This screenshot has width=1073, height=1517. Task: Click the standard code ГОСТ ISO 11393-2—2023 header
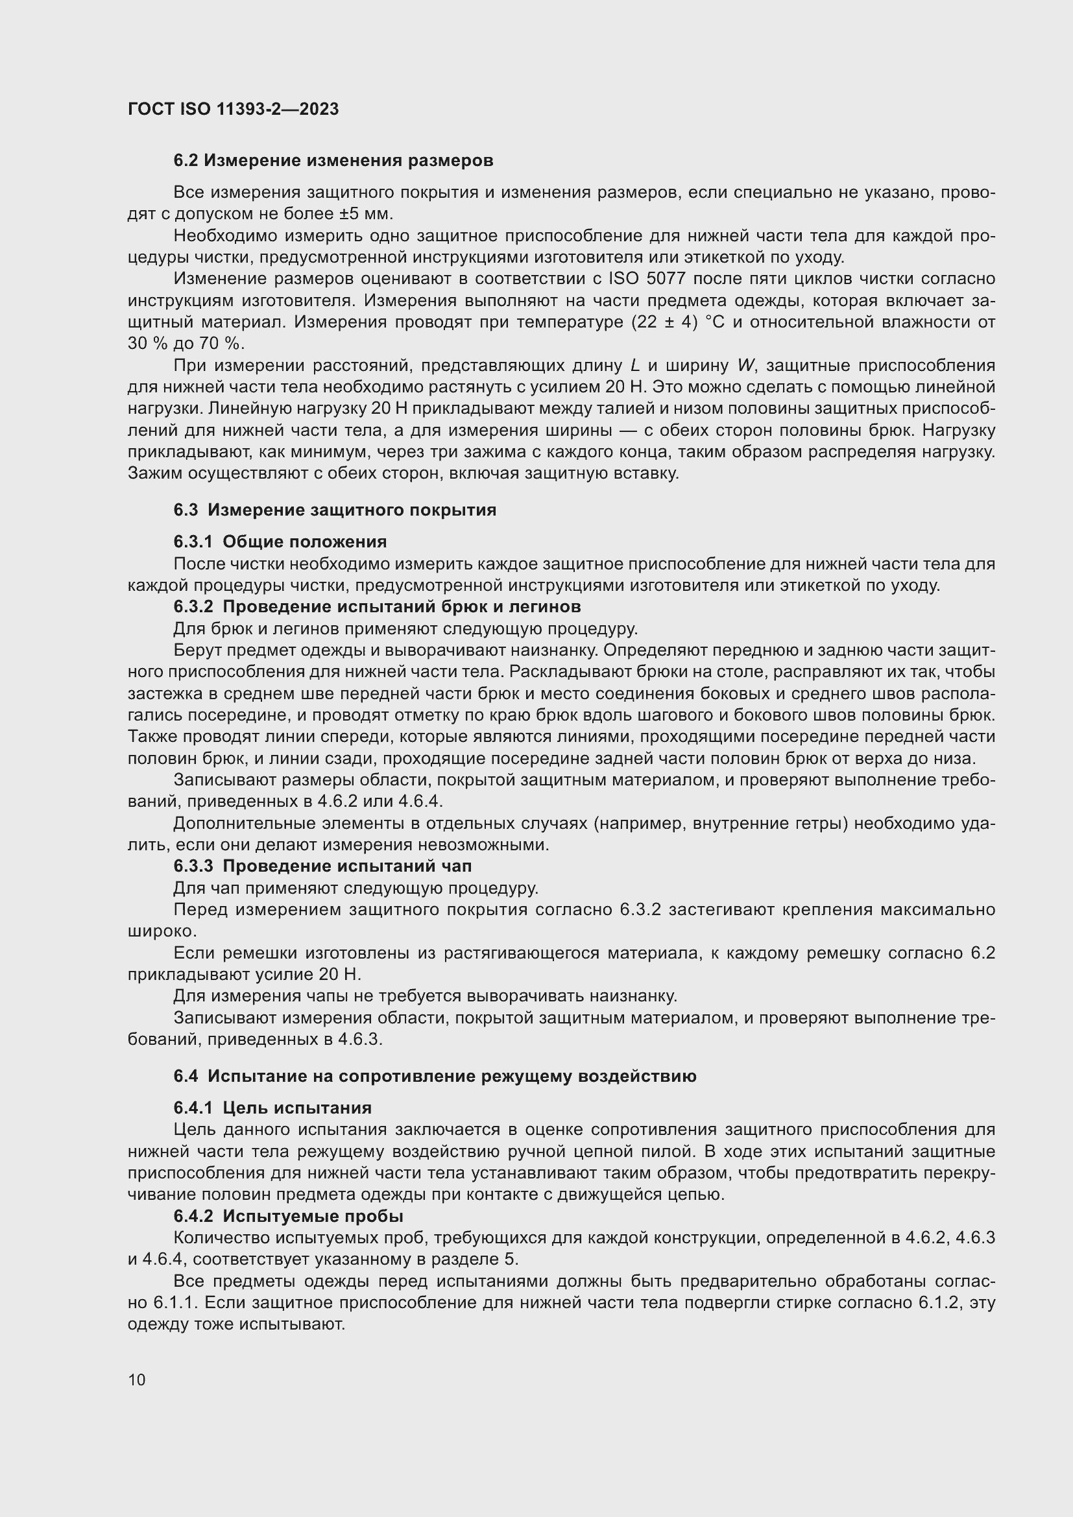pyautogui.click(x=233, y=109)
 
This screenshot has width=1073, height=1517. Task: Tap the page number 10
pyautogui.click(x=137, y=1380)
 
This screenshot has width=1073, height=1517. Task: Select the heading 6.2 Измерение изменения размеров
pyautogui.click(x=333, y=161)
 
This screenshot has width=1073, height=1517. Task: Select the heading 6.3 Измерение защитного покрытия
pyautogui.click(x=335, y=510)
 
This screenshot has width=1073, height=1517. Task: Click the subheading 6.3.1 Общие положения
pyautogui.click(x=280, y=542)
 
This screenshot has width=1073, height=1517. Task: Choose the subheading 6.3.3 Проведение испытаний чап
pyautogui.click(x=322, y=866)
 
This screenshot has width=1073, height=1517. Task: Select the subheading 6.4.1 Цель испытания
pyautogui.click(x=272, y=1107)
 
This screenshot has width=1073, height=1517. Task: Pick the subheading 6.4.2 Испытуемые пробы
pyautogui.click(x=288, y=1215)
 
